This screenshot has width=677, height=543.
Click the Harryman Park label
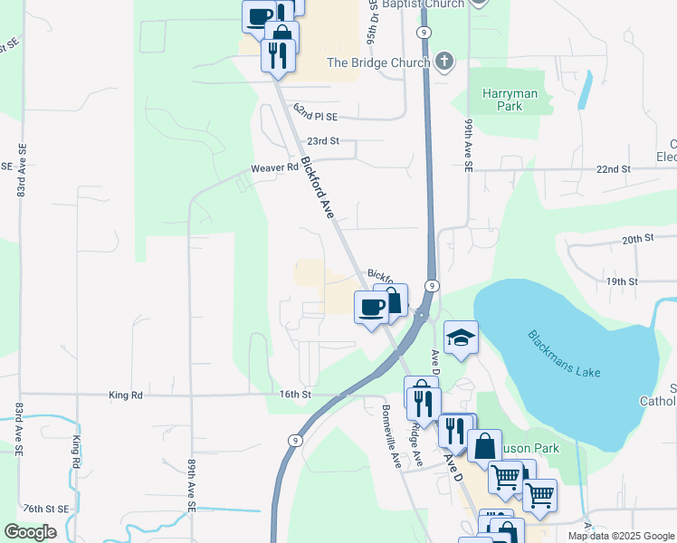pos(510,100)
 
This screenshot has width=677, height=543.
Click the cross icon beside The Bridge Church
pos(443,62)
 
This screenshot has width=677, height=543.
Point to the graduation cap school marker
pos(461,338)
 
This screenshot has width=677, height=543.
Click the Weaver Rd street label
pos(274,168)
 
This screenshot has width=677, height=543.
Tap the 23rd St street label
pos(322,141)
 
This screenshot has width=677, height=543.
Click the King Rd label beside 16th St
pos(126,395)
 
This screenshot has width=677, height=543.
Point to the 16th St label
pos(295,395)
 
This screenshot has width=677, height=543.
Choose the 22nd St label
pos(613,169)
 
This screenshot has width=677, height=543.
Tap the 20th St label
pos(637,238)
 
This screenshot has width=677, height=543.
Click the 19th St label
pos(623,281)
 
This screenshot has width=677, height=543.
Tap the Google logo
pos(30,532)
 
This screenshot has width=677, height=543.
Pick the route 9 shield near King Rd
pos(295,440)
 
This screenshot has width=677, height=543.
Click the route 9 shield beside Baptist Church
pos(424,32)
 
